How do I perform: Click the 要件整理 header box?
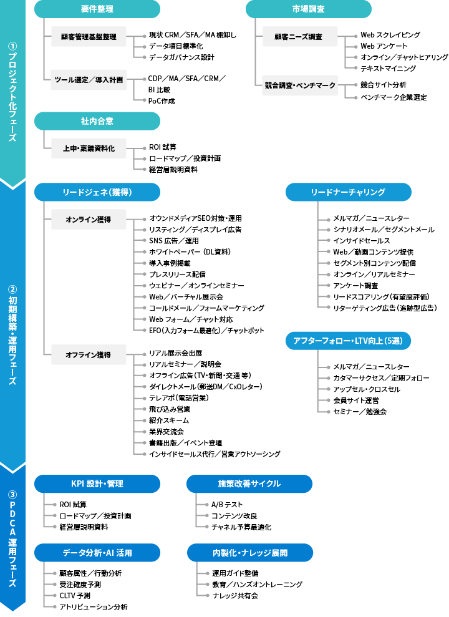coord(97,9)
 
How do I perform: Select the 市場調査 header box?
coord(308,9)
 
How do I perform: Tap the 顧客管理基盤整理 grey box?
coord(88,37)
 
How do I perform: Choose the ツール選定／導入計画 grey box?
coord(88,80)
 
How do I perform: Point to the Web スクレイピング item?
coord(390,35)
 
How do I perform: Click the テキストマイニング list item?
coord(388,69)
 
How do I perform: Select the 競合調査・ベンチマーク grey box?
coord(299,85)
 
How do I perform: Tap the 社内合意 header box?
coord(97,120)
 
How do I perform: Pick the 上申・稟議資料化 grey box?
coord(88,149)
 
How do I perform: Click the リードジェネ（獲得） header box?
coord(97,192)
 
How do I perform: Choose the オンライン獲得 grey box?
coord(88,220)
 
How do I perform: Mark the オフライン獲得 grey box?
coord(88,355)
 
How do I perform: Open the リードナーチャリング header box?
coord(348,192)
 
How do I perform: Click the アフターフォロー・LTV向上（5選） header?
coord(348,341)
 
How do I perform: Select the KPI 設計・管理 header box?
coord(97,483)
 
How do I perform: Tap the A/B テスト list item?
coord(228,505)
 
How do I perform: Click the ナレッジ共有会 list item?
coord(235,596)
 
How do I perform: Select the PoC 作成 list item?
coord(162,101)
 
